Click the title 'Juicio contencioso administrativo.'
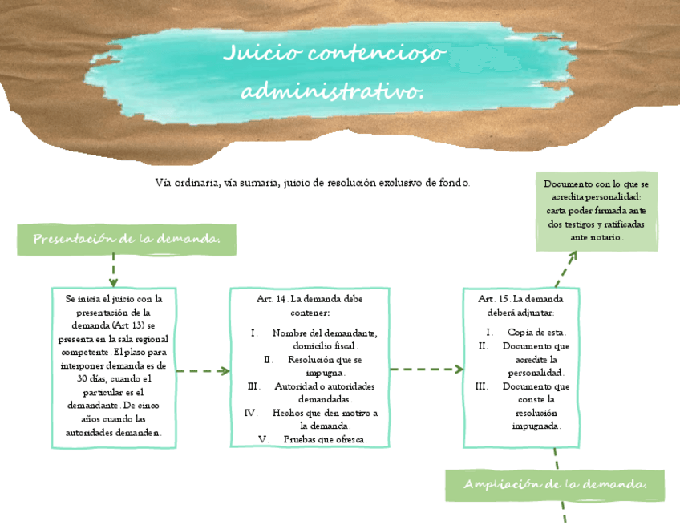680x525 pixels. [333, 72]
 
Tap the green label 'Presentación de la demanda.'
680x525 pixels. [127, 239]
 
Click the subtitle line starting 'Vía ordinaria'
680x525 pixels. [312, 183]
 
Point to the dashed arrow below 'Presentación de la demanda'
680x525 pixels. [113, 271]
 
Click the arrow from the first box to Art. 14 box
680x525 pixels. [203, 370]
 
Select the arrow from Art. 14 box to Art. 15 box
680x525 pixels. [427, 370]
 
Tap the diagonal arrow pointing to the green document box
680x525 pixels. [566, 269]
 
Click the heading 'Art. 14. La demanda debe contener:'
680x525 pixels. [310, 305]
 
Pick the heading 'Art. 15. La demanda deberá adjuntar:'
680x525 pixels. [520, 305]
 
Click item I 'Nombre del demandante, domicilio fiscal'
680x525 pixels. [324, 339]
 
